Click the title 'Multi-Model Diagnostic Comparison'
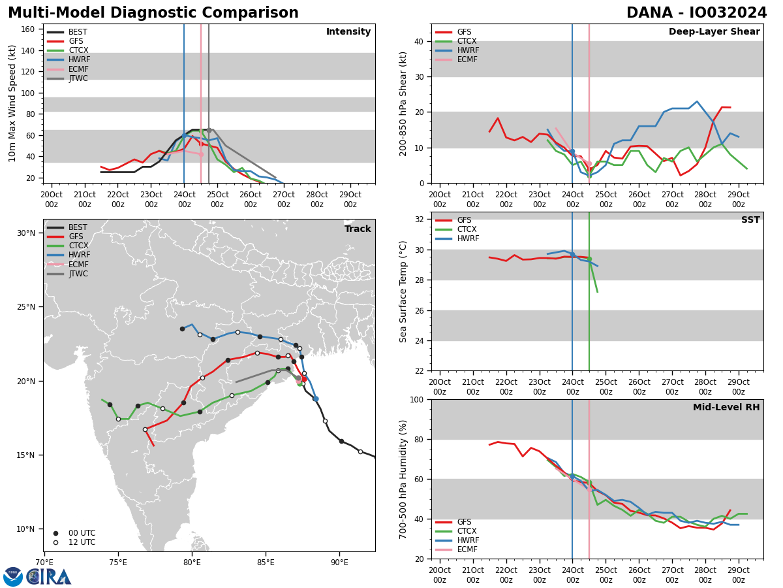tap(153, 13)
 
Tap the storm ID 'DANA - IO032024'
tap(696, 13)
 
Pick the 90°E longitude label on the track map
tap(339, 563)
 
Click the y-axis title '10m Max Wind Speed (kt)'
tap(12, 103)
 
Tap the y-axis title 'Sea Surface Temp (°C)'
tap(403, 291)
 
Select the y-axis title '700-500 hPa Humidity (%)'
tap(403, 479)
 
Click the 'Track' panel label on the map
tap(358, 229)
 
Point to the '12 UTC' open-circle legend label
tap(82, 542)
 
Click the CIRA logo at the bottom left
tap(37, 577)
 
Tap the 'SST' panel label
tap(750, 220)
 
